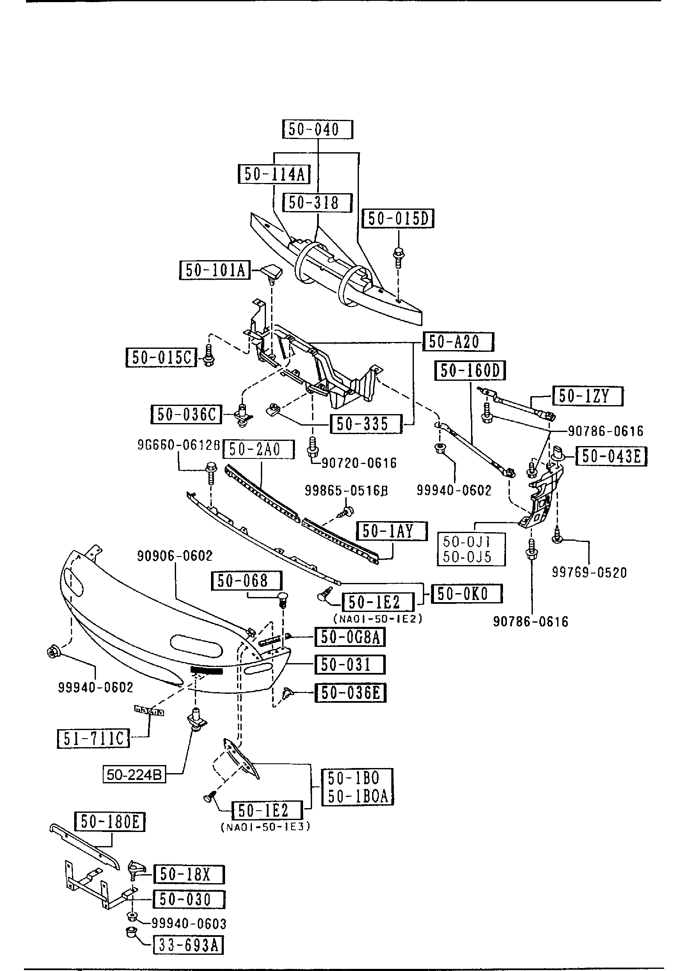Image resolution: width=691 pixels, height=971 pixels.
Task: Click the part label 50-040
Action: [318, 129]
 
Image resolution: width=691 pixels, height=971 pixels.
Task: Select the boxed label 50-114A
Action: [274, 174]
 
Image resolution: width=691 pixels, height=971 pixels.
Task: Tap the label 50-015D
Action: [398, 219]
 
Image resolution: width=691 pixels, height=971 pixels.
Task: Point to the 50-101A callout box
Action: [214, 270]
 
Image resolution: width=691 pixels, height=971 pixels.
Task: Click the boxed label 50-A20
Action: [458, 342]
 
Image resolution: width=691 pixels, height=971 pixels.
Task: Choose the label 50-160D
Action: [470, 371]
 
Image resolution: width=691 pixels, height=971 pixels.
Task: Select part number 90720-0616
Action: [359, 462]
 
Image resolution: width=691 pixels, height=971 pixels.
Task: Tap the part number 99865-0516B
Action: [346, 491]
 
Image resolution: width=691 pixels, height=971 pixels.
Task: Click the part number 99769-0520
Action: [590, 572]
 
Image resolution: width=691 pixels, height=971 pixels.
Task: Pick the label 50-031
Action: [350, 664]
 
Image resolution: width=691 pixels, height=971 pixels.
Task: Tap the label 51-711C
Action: [93, 738]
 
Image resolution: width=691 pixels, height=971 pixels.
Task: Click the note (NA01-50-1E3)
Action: [265, 826]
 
